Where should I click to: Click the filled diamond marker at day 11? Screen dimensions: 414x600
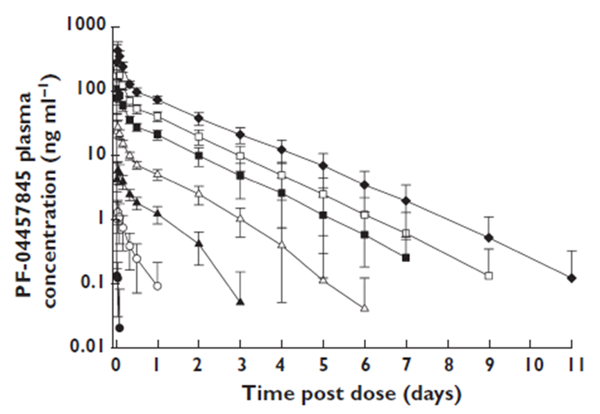point(572,277)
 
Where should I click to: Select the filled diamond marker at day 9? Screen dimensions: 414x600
point(489,238)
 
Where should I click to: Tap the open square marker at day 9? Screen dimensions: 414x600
point(489,276)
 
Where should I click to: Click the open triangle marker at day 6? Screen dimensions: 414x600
point(365,308)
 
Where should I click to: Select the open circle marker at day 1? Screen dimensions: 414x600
point(158,286)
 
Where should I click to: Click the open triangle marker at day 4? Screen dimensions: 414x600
point(282,245)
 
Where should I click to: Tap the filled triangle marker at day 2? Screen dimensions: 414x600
point(199,243)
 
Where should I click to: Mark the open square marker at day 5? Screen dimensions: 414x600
point(323,194)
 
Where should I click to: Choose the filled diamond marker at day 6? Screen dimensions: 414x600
point(365,184)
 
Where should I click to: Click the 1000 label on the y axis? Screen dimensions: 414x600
point(85,25)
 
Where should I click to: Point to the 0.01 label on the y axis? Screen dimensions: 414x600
point(90,347)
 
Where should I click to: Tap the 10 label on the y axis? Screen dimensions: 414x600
point(97,154)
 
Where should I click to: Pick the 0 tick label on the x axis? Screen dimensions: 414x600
point(116,364)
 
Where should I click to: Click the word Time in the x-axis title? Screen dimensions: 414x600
point(266,394)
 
